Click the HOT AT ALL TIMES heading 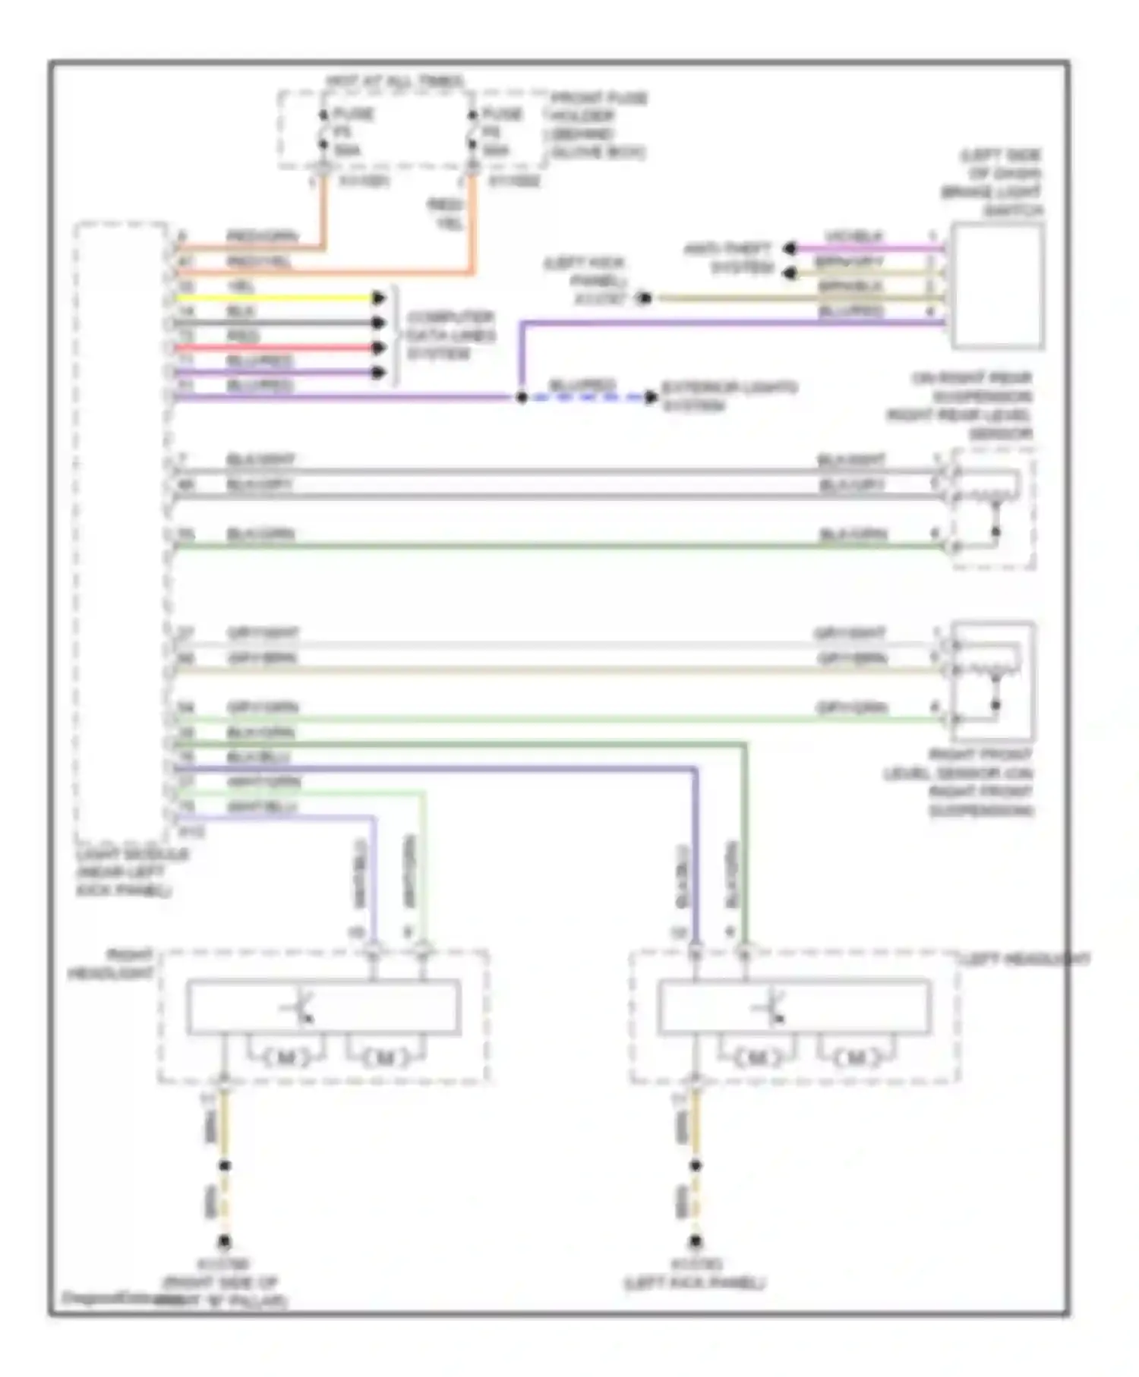[x=395, y=81]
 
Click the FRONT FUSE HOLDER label [x=598, y=125]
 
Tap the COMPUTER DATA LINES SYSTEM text [x=450, y=336]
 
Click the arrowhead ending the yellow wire [x=378, y=298]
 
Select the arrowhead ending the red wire [x=378, y=348]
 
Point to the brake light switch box [x=996, y=286]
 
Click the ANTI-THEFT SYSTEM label [x=729, y=258]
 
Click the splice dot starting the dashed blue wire [x=522, y=397]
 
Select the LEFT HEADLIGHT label [x=1025, y=960]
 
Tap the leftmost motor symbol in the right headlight [x=286, y=1057]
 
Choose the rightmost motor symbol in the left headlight [x=855, y=1057]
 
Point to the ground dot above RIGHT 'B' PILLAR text [x=224, y=1243]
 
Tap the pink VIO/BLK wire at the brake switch [x=866, y=247]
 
